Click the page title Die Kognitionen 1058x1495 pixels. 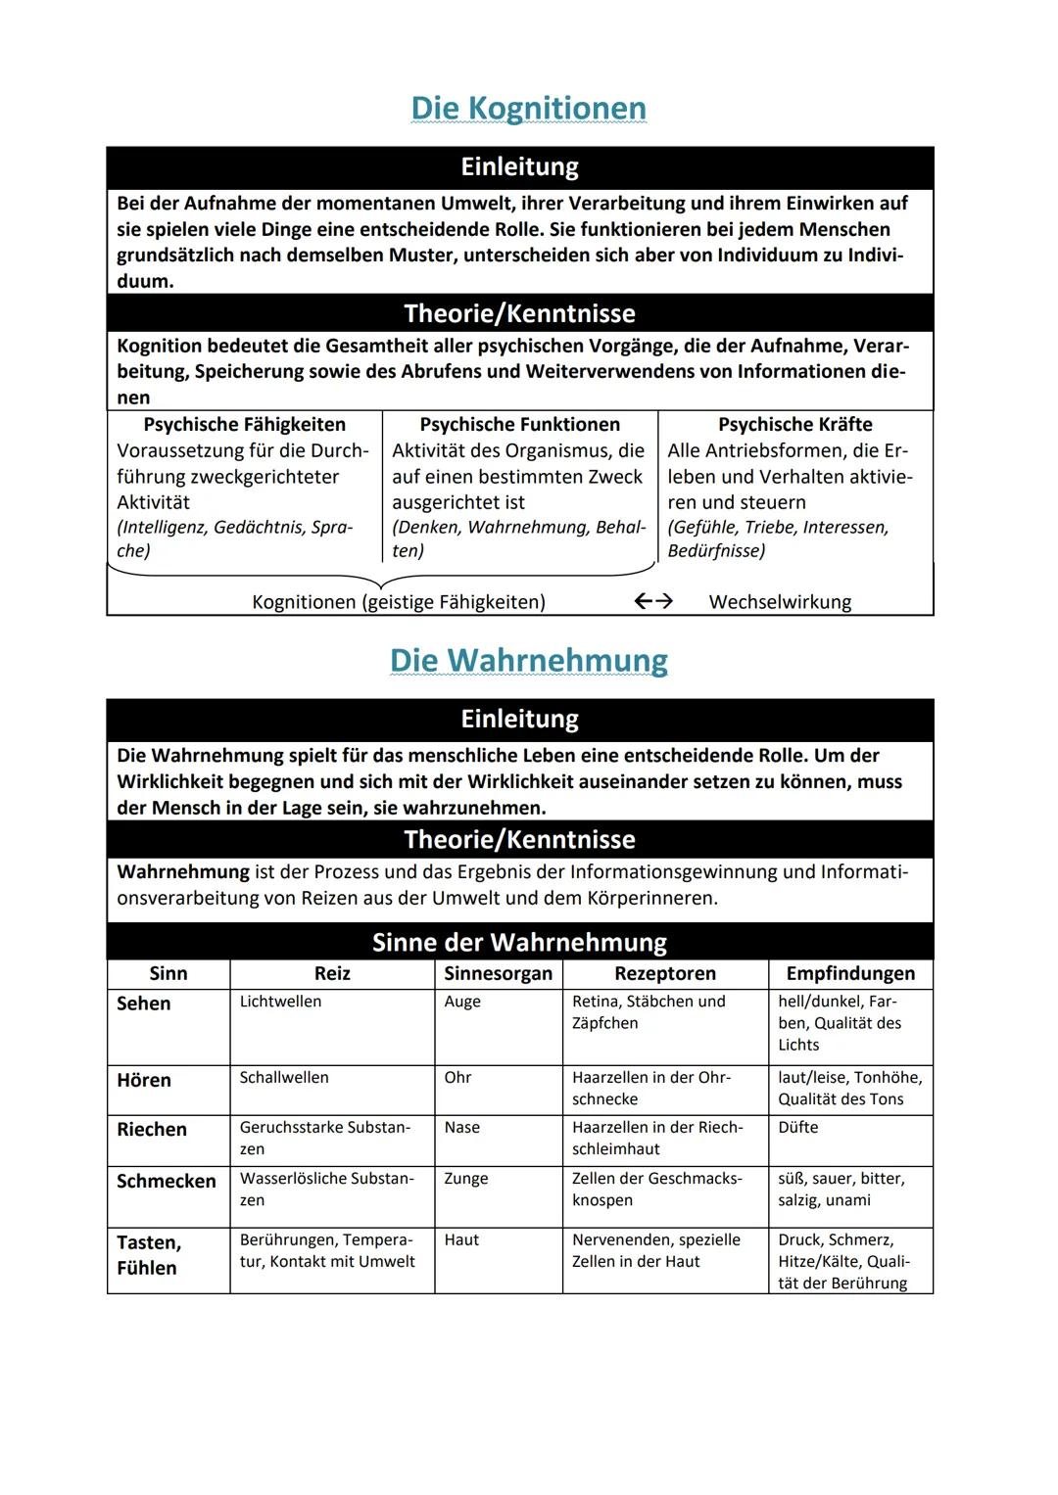tap(528, 108)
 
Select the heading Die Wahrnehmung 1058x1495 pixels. tap(528, 660)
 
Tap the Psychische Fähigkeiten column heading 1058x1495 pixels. tap(245, 424)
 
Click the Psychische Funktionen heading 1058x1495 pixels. tap(519, 424)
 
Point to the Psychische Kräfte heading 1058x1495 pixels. tap(794, 424)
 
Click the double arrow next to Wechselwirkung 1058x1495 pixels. tap(653, 601)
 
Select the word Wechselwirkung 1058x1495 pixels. tap(780, 601)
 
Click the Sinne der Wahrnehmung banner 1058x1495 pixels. tap(519, 942)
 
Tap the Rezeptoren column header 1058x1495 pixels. tap(665, 973)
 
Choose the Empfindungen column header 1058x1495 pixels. tap(850, 973)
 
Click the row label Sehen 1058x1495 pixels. tap(144, 1004)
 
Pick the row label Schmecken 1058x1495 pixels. tap(167, 1181)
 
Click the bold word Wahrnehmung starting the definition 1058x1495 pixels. tap(183, 871)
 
